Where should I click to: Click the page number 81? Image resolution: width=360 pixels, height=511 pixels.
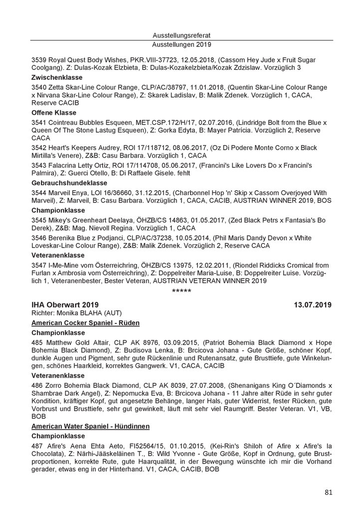(x=328, y=493)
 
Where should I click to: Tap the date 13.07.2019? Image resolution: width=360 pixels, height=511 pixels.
(x=313, y=304)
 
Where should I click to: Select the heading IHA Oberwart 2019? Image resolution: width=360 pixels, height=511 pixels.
(x=64, y=304)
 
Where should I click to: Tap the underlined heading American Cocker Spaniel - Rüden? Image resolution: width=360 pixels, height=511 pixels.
(x=85, y=322)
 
